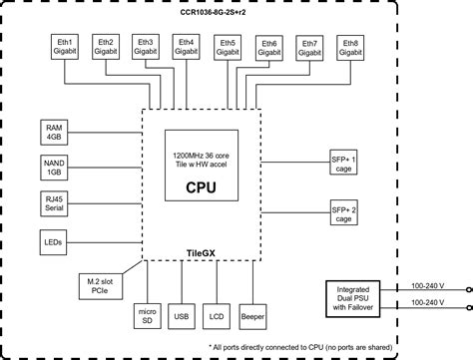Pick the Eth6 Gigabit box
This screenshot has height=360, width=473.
pos(268,49)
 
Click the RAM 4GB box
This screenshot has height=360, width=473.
pos(54,132)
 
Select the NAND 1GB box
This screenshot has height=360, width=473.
pos(54,167)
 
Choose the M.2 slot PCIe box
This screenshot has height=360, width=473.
pos(100,286)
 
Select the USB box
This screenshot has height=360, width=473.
pos(180,316)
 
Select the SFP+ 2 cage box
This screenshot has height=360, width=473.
pos(342,211)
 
